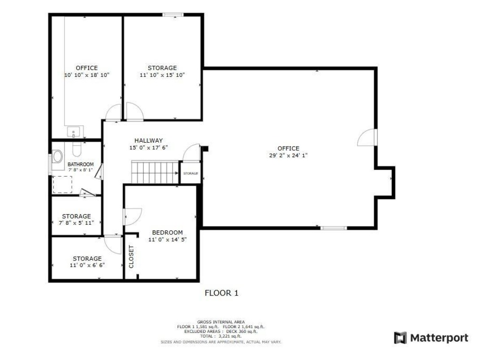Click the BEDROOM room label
(x=167, y=233)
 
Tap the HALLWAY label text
(x=148, y=140)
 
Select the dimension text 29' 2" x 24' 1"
(x=288, y=155)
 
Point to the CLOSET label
(x=131, y=256)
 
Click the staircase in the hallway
(x=155, y=172)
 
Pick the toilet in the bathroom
(x=77, y=149)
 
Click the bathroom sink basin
(x=57, y=156)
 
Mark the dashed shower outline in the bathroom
(x=63, y=185)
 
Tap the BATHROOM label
(x=81, y=165)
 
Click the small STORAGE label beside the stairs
(x=190, y=173)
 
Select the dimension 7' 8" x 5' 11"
(x=76, y=223)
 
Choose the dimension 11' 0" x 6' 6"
(x=87, y=265)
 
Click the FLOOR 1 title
(x=221, y=293)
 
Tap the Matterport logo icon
(x=400, y=338)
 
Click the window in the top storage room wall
(x=173, y=14)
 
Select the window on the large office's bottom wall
(x=334, y=228)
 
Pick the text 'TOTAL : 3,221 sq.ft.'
(x=221, y=336)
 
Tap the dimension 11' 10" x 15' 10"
(x=162, y=75)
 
